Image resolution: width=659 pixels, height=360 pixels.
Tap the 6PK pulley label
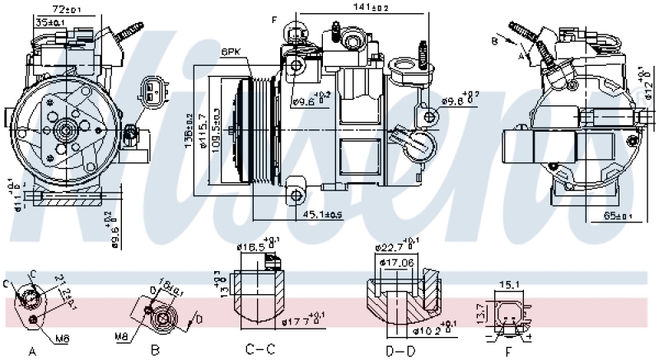tap(231, 52)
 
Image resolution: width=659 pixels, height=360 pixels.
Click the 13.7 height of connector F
tap(483, 313)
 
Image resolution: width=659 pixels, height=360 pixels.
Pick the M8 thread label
tap(123, 335)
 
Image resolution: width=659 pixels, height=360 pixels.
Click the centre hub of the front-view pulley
tap(64, 129)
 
